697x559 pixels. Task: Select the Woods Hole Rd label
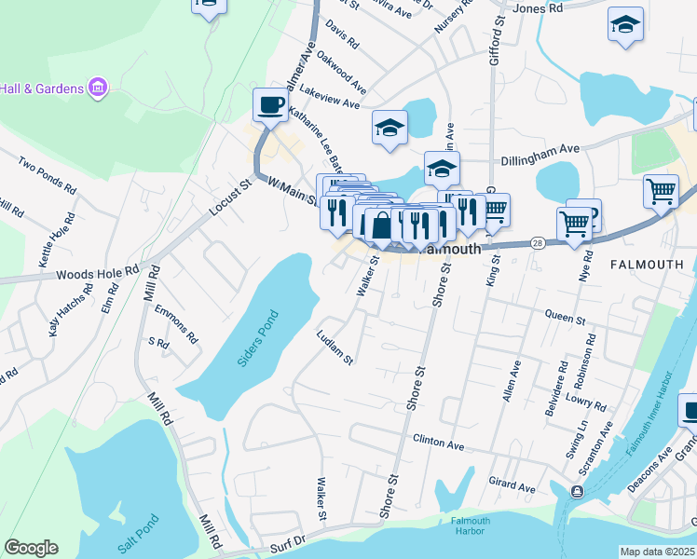coord(97,274)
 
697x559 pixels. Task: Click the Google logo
coord(31,548)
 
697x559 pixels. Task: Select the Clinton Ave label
coord(438,443)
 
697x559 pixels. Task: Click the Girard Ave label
coord(512,486)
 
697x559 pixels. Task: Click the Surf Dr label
coord(288,542)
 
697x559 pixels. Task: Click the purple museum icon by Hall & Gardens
coord(98,89)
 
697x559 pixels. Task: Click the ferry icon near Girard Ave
coord(578,491)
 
